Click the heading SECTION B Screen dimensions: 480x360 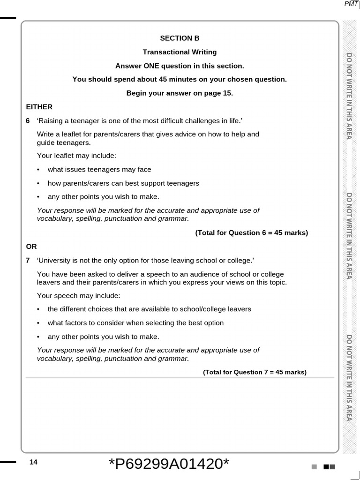pos(180,38)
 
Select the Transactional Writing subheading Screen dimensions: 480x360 pos(180,52)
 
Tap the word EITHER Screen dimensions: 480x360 pos(39,107)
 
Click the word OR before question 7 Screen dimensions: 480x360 pos(31,247)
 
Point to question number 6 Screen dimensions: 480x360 pos(28,121)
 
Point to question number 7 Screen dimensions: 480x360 pos(28,260)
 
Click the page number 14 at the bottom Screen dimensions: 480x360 pos(33,462)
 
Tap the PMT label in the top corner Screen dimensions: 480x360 pos(351,4)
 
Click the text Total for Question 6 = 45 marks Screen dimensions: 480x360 pos(252,233)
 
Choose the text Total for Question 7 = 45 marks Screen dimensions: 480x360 pos(255,372)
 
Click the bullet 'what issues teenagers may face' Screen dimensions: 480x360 pos(99,170)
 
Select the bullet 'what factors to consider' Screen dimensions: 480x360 pos(135,323)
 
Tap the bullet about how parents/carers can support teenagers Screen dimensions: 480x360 pos(123,183)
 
